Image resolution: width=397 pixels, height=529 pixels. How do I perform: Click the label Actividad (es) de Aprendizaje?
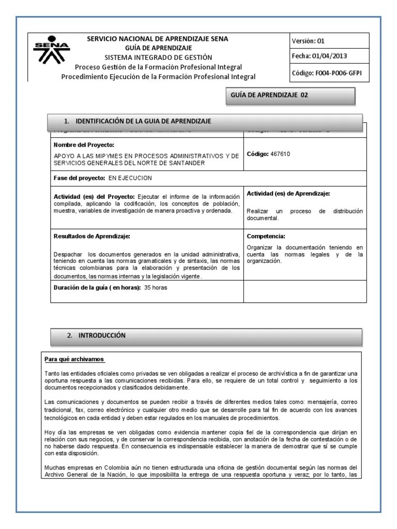click(x=288, y=194)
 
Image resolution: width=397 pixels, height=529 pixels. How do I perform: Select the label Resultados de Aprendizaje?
click(x=92, y=236)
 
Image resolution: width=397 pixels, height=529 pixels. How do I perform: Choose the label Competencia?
click(x=266, y=236)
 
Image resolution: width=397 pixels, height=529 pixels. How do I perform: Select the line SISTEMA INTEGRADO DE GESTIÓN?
click(x=158, y=57)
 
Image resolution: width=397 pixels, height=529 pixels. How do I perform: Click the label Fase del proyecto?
click(x=79, y=177)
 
